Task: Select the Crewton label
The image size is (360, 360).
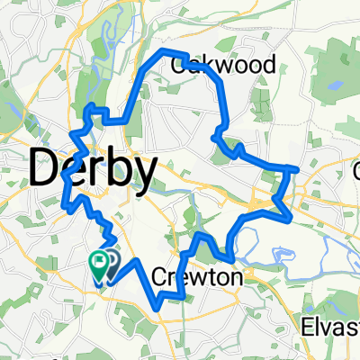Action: coord(198,279)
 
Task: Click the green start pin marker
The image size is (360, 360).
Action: coord(97,263)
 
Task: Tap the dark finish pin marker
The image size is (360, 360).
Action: coord(111,262)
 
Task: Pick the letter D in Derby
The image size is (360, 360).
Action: coord(48,168)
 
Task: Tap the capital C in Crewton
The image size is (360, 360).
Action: coord(160,279)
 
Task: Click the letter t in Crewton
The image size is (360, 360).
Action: coord(212,279)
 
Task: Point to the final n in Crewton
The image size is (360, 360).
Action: coord(236,280)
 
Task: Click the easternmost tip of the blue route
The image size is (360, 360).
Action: coord(297,168)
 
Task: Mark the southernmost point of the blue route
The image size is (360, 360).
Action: coord(160,307)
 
